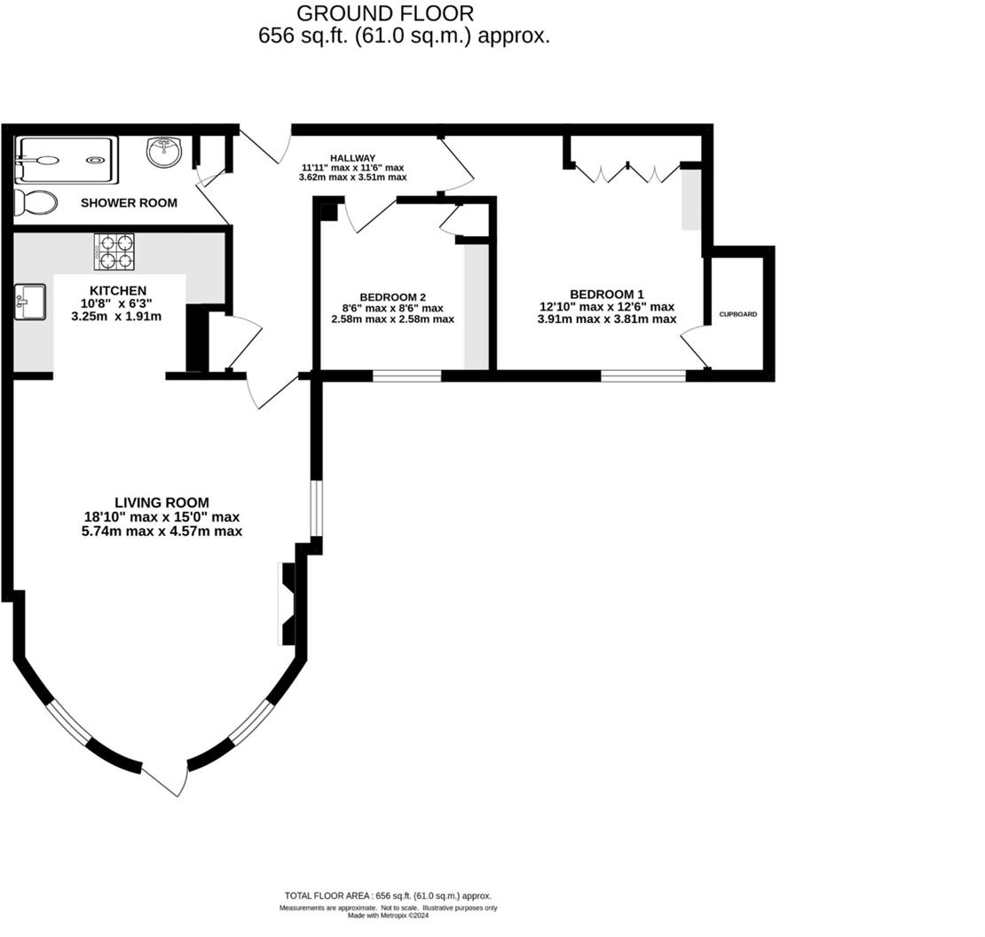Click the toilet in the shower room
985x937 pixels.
click(x=36, y=202)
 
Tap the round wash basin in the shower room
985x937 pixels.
click(x=164, y=153)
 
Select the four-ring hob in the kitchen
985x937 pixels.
click(x=114, y=251)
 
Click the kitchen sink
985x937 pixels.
click(x=30, y=303)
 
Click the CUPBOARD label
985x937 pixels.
click(x=738, y=314)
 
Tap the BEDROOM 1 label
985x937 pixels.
click(x=607, y=295)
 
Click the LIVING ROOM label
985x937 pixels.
click(x=162, y=502)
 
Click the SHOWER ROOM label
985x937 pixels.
click(x=129, y=202)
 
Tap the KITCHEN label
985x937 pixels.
click(x=118, y=291)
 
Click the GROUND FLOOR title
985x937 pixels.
click(x=385, y=13)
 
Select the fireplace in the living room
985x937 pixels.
click(x=288, y=603)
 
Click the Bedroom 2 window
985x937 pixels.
click(x=406, y=376)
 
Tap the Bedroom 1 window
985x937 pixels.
click(x=643, y=376)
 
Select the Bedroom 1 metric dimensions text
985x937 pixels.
click(x=607, y=319)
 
